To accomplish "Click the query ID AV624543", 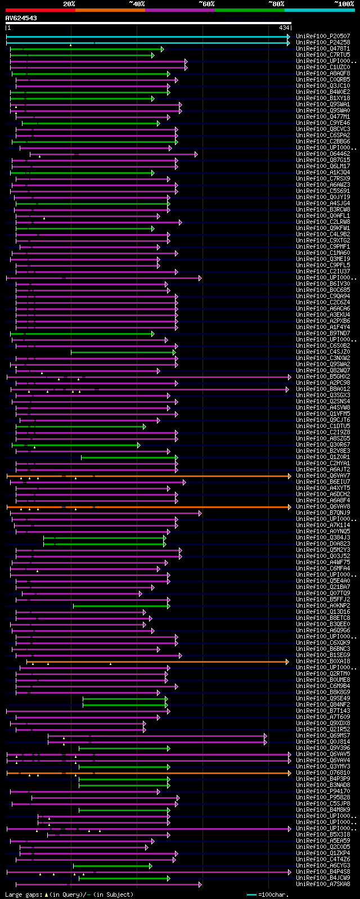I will [21, 19].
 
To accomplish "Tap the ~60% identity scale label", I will [206, 4].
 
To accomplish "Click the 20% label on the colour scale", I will [69, 4].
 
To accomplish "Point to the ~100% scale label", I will [344, 4].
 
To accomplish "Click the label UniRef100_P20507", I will [323, 37].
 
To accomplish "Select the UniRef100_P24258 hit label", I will [323, 43].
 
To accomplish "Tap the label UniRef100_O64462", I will [323, 154].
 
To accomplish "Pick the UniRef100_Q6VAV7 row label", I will [323, 476].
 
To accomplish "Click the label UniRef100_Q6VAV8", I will [323, 507].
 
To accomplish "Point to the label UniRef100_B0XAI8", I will [323, 662].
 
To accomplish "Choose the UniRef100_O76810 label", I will [323, 773].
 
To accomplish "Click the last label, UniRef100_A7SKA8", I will [323, 884].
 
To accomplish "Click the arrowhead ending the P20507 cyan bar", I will [289, 37].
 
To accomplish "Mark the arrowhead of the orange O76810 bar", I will [289, 773].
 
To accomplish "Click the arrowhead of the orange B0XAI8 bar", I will [287, 662].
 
